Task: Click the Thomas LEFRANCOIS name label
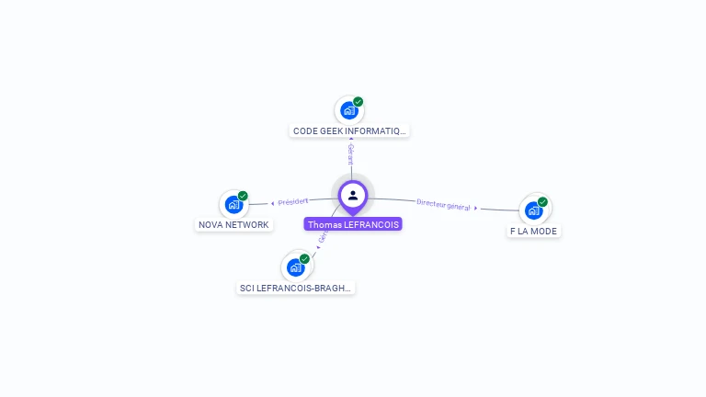[x=353, y=224]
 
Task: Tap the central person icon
[x=353, y=195]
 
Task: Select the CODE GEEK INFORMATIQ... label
[x=349, y=131]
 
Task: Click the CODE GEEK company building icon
[x=348, y=110]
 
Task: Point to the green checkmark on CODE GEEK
[x=359, y=101]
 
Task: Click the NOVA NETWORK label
[x=233, y=225]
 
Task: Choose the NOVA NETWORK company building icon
[x=233, y=205]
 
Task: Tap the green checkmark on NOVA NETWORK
[x=244, y=196]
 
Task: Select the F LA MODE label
[x=533, y=232]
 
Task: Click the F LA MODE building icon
[x=533, y=210]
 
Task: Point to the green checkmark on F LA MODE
[x=543, y=201]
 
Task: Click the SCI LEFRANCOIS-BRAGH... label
[x=296, y=288]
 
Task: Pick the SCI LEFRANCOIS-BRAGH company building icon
[x=295, y=267]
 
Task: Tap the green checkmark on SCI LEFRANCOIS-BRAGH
[x=305, y=258]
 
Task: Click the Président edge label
[x=293, y=201]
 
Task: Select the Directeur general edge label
[x=443, y=205]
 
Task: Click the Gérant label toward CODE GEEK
[x=350, y=154]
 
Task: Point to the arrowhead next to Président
[x=272, y=203]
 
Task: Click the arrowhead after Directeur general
[x=475, y=209]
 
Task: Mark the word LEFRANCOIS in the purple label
[x=371, y=224]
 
